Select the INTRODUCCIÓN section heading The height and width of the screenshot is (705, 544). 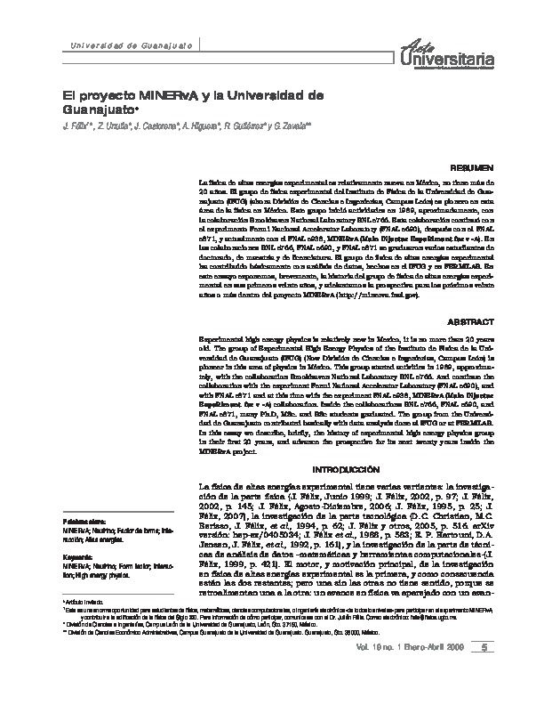pyautogui.click(x=342, y=468)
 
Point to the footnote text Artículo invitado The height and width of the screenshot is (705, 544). pyautogui.click(x=83, y=626)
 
